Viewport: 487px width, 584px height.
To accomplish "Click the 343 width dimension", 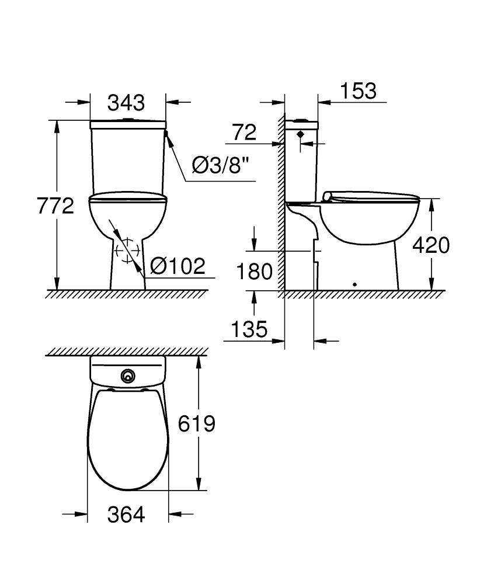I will (126, 103).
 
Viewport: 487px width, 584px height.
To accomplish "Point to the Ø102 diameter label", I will (178, 266).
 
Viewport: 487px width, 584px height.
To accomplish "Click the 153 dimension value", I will (358, 91).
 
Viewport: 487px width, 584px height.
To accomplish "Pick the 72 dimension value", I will (244, 133).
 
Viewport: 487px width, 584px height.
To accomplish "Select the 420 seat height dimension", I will (431, 245).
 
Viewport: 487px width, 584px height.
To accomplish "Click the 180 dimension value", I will (255, 271).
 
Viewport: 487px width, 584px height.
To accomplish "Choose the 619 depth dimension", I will (196, 423).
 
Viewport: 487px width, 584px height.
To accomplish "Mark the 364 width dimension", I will (126, 515).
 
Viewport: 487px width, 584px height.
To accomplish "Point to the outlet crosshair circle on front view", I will (127, 251).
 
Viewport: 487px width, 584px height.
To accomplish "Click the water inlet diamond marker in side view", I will (301, 134).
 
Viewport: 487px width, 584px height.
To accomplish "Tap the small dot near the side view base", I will (354, 284).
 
